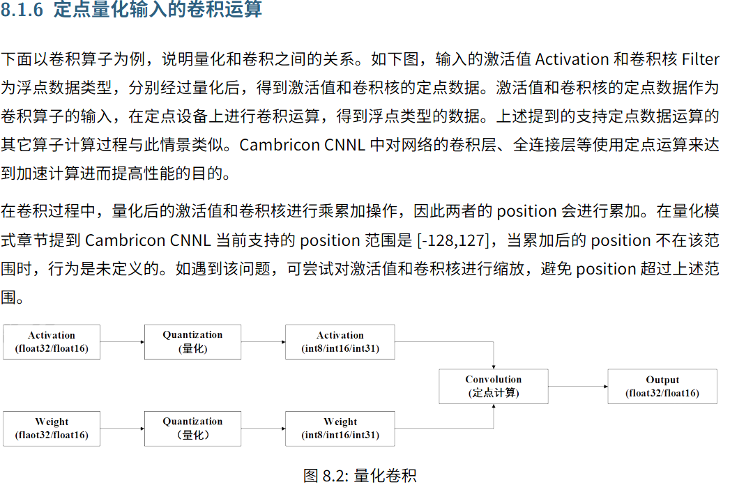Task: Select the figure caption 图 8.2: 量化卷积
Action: tap(360, 476)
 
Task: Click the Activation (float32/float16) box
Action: tap(52, 341)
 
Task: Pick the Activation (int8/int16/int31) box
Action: tap(340, 341)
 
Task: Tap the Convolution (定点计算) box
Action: tap(494, 386)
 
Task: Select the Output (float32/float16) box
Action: tap(662, 386)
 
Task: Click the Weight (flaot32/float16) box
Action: tap(52, 428)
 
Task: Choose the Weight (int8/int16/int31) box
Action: tap(340, 428)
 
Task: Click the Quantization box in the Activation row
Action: tap(193, 341)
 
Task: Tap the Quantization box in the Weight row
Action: tap(193, 428)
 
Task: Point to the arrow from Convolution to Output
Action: tap(578, 386)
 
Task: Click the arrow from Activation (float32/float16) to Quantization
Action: tap(122, 341)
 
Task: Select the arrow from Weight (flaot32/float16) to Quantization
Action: tap(122, 428)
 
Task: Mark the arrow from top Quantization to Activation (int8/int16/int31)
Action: tap(264, 341)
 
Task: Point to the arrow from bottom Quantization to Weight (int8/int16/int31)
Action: tap(264, 428)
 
